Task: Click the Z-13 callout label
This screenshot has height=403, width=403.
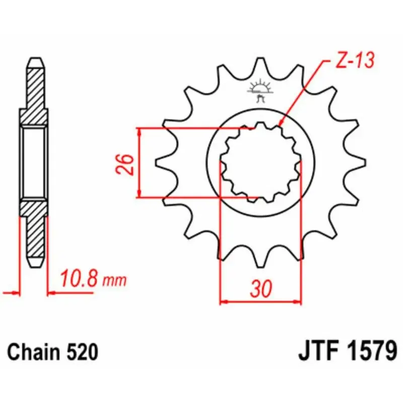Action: coord(355,60)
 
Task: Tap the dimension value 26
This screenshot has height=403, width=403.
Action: coord(125,165)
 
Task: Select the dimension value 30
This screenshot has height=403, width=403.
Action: coord(261,289)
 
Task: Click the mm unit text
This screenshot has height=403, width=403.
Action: coord(115,281)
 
